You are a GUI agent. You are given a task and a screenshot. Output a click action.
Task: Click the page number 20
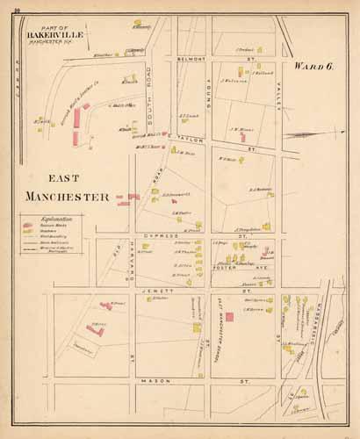[x=5, y=5]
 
